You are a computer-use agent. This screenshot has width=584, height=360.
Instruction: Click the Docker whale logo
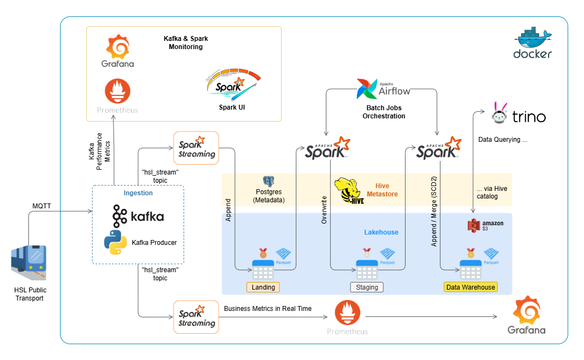coord(533,37)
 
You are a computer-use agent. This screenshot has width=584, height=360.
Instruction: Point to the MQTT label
coord(42,206)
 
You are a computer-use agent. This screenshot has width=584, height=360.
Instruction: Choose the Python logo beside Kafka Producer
coord(116,242)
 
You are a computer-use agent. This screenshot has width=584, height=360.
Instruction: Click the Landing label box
coord(263,287)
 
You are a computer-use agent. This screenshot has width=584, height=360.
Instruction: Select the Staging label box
coord(367,287)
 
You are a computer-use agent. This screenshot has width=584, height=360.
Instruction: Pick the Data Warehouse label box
coord(470,287)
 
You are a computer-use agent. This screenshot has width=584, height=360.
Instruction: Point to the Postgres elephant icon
coord(268,182)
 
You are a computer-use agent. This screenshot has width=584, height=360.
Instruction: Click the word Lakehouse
coord(381,232)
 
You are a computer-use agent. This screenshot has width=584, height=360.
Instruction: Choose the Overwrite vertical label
coord(324,210)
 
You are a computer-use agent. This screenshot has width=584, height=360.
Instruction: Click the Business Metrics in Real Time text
coord(267,309)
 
